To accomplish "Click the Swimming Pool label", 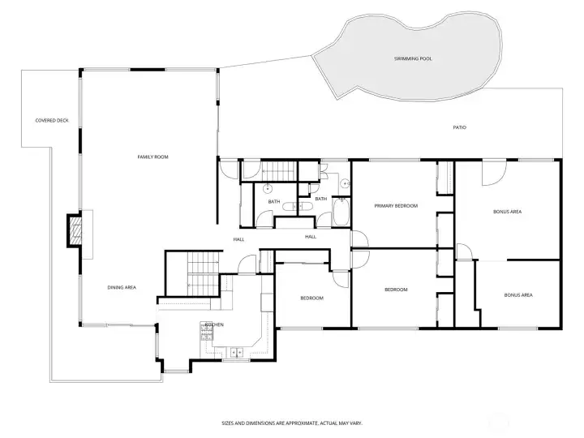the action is pyautogui.click(x=413, y=59).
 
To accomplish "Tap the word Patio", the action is pyautogui.click(x=460, y=127).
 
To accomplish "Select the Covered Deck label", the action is pyautogui.click(x=52, y=121).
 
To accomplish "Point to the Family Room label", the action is pyautogui.click(x=152, y=157).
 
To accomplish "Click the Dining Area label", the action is pyautogui.click(x=122, y=287).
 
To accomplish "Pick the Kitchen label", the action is pyautogui.click(x=214, y=324).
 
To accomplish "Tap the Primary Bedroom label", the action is pyautogui.click(x=396, y=206).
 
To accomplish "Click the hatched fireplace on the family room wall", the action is pyautogui.click(x=75, y=230).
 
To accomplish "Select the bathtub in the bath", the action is pyautogui.click(x=341, y=212).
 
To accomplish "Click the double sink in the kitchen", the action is pyautogui.click(x=236, y=352).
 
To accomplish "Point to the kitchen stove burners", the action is pyautogui.click(x=207, y=332).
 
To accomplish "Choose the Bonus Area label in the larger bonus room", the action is pyautogui.click(x=507, y=212).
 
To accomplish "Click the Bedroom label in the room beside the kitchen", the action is pyautogui.click(x=311, y=298).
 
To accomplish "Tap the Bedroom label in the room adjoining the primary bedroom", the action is pyautogui.click(x=396, y=290).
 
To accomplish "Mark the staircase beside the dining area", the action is pyautogui.click(x=203, y=274).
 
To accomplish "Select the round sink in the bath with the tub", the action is pyautogui.click(x=346, y=183).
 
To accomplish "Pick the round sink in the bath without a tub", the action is pyautogui.click(x=268, y=188).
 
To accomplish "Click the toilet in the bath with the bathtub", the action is pyautogui.click(x=306, y=206).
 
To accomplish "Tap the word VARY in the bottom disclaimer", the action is pyautogui.click(x=356, y=423).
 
